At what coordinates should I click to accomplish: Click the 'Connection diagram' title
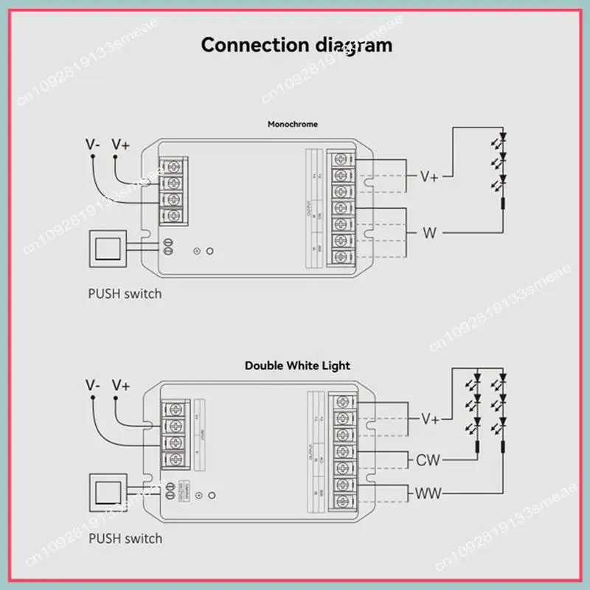pyautogui.click(x=296, y=44)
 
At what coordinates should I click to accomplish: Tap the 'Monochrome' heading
pyautogui.click(x=293, y=124)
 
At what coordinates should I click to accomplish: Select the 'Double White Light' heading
pyautogui.click(x=297, y=365)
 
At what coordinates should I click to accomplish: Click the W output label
pyautogui.click(x=429, y=234)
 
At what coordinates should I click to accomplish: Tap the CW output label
pyautogui.click(x=428, y=460)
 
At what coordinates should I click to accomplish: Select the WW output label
pyautogui.click(x=427, y=492)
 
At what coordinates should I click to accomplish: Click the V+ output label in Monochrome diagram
pyautogui.click(x=429, y=176)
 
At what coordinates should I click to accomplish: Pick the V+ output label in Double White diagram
pyautogui.click(x=430, y=418)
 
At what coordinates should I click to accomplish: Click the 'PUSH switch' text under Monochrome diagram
pyautogui.click(x=125, y=294)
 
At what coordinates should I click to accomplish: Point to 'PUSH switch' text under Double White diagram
pyautogui.click(x=125, y=538)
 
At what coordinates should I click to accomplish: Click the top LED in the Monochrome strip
pyautogui.click(x=504, y=137)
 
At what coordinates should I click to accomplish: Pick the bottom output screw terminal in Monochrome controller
pyautogui.click(x=341, y=257)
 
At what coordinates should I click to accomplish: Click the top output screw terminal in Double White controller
pyautogui.click(x=341, y=402)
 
